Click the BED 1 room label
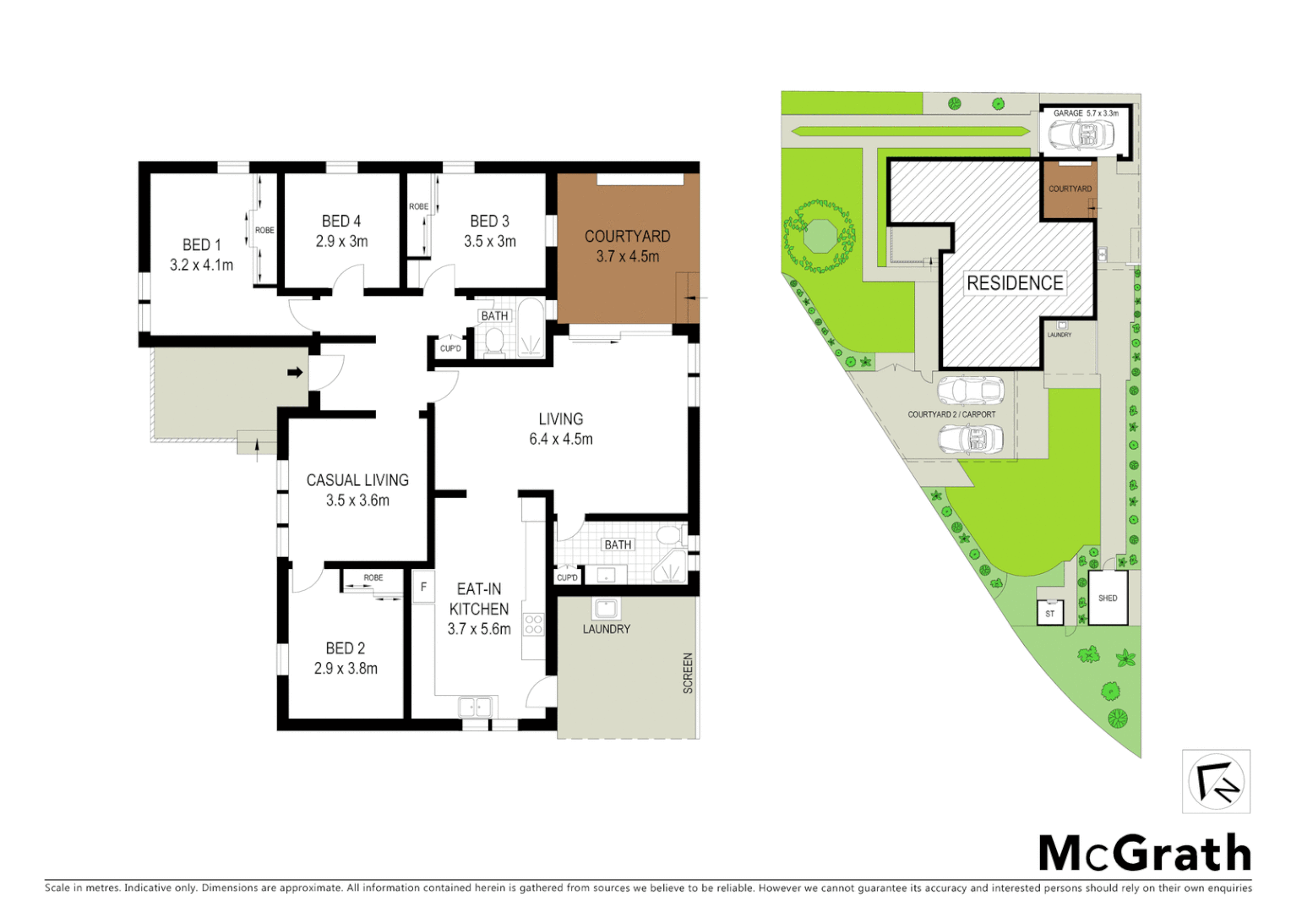coord(201,244)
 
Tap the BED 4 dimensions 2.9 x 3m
coord(341,242)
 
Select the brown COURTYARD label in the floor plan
coord(627,237)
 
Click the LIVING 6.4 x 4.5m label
coord(560,429)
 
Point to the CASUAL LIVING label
coord(357,480)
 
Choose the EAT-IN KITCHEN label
coord(479,599)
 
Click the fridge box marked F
coord(423,587)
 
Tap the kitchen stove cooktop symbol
coord(533,625)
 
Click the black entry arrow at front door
coord(295,372)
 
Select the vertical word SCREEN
coord(688,673)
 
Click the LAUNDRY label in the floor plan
coord(606,629)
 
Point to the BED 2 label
coord(346,648)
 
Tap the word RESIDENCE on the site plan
coord(1015,283)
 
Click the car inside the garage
coord(1081,134)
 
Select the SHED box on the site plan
coord(1108,599)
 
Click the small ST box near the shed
coord(1049,613)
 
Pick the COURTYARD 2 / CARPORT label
coord(951,414)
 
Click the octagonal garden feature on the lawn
coord(819,235)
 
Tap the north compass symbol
coord(1216,781)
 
